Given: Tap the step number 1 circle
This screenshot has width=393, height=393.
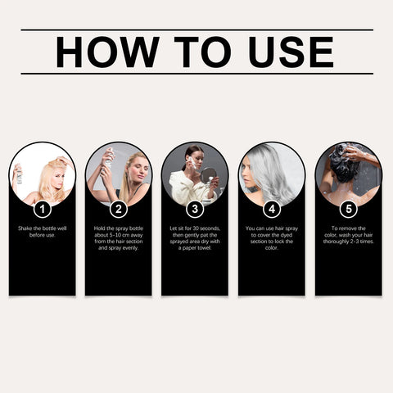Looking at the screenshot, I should (42, 208).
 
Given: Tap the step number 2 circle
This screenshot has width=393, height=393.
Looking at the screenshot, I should (118, 208).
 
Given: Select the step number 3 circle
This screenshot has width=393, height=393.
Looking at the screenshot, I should (195, 208).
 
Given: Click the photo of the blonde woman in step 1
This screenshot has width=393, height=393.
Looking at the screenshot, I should (42, 174).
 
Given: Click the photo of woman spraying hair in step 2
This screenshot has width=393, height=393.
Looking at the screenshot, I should (118, 174).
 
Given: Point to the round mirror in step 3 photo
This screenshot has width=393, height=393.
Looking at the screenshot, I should (208, 174).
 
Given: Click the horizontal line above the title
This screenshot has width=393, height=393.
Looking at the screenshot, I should (196, 30).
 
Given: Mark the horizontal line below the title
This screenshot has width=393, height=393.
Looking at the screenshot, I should (196, 74).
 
